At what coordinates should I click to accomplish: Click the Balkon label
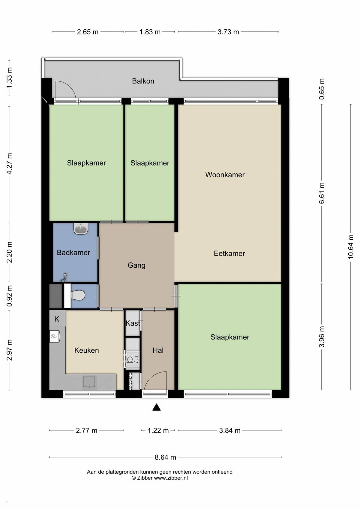tap(143, 81)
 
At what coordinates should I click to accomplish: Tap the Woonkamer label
tap(225, 175)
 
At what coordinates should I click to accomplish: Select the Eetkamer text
tap(229, 253)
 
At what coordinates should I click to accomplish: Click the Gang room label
tap(136, 265)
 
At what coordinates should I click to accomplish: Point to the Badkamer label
tap(73, 253)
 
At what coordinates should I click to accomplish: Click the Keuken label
tap(87, 350)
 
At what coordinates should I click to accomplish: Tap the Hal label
tap(158, 350)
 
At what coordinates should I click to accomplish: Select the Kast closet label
tap(133, 323)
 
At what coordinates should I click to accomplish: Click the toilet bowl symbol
tap(78, 295)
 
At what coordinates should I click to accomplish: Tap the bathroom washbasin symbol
tap(81, 229)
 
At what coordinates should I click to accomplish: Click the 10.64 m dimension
tap(350, 247)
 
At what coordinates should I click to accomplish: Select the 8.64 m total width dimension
tap(166, 457)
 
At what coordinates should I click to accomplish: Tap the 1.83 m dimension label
tap(150, 32)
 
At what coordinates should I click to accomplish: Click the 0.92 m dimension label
tap(9, 296)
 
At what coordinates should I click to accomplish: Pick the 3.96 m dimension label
tap(322, 337)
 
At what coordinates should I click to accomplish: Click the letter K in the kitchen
tap(57, 319)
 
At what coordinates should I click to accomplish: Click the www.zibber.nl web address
tap(171, 478)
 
